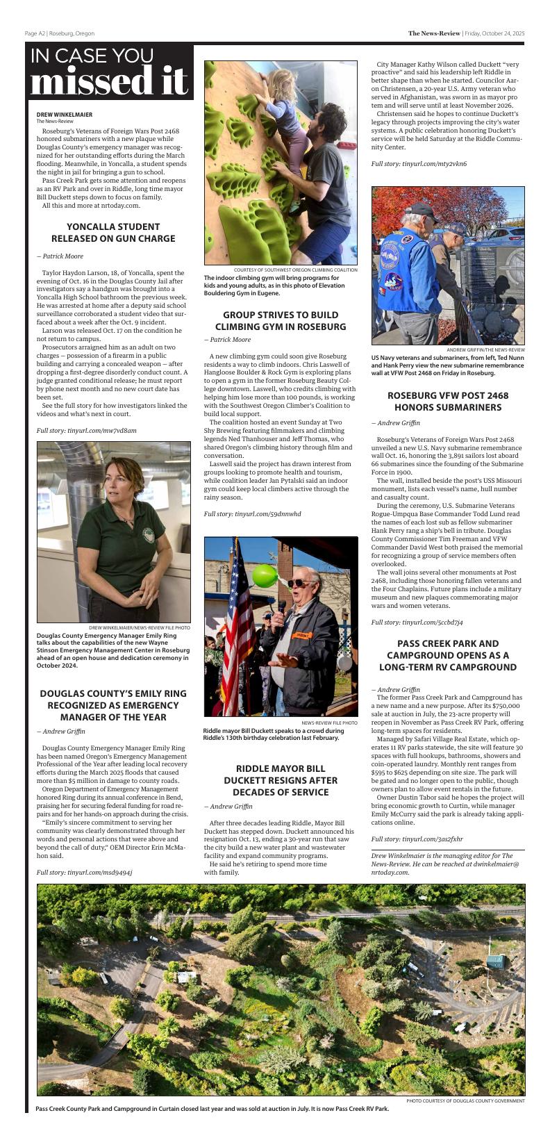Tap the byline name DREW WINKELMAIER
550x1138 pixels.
pyautogui.click(x=65, y=115)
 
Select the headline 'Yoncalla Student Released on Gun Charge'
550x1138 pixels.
pyautogui.click(x=113, y=233)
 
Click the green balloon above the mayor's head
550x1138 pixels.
pyautogui.click(x=265, y=575)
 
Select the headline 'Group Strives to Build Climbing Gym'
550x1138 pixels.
pyautogui.click(x=281, y=320)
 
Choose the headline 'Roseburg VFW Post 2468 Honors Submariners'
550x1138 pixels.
pyautogui.click(x=448, y=401)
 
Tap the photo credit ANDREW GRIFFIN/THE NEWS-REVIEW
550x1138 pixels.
pyautogui.click(x=485, y=349)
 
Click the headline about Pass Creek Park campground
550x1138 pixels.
pyautogui.click(x=448, y=655)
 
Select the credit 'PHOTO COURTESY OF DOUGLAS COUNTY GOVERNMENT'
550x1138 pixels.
pyautogui.click(x=465, y=1100)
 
